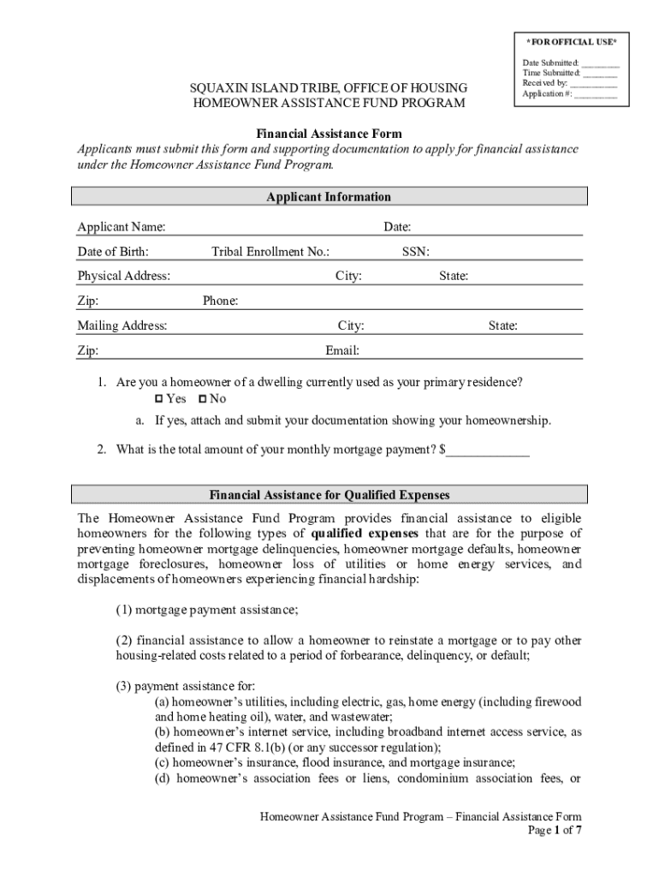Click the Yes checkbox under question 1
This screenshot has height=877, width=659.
click(x=158, y=399)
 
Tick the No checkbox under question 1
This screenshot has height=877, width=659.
click(x=202, y=399)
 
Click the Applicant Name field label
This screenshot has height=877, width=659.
click(x=122, y=227)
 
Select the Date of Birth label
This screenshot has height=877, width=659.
click(x=113, y=252)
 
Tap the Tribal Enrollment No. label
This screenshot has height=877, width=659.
click(x=270, y=252)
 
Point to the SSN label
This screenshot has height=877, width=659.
click(x=416, y=252)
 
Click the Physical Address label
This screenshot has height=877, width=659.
click(x=124, y=277)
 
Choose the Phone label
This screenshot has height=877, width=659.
click(x=220, y=301)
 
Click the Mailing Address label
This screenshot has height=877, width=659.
click(x=122, y=326)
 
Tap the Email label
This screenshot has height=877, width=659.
click(x=342, y=351)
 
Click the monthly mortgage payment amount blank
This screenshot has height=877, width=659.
click(x=488, y=450)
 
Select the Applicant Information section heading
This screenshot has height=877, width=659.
click(x=329, y=197)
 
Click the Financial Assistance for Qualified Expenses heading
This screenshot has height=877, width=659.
click(x=329, y=495)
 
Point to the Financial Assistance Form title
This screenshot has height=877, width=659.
click(x=329, y=134)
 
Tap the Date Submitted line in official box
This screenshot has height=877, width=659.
click(x=599, y=63)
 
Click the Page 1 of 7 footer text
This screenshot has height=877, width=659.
click(x=556, y=831)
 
